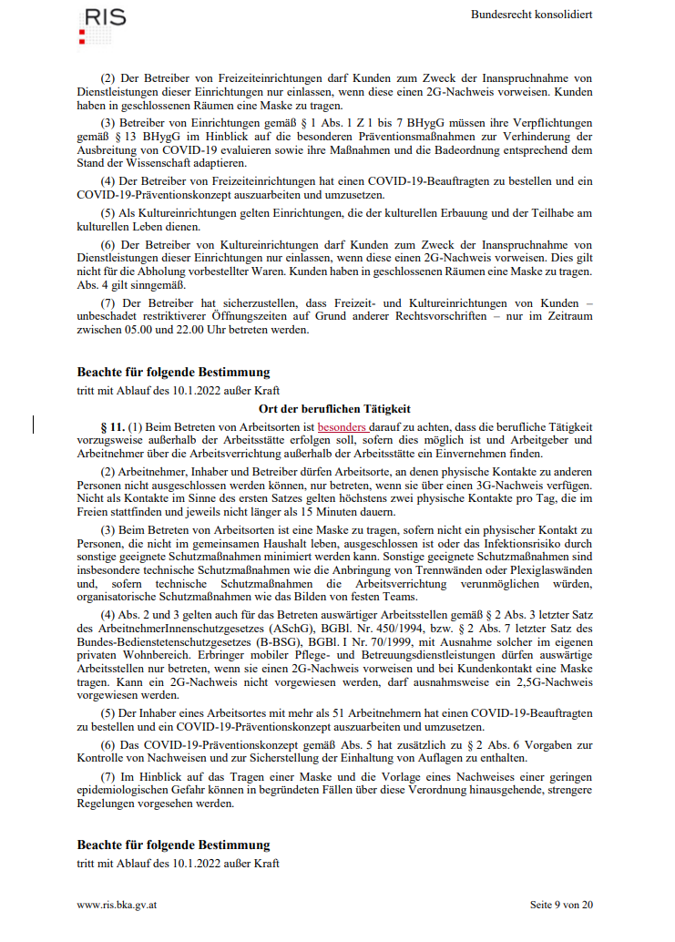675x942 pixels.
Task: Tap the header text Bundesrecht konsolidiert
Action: click(x=532, y=15)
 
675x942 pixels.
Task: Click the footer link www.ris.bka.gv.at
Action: click(x=118, y=905)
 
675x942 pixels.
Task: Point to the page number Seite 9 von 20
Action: click(x=561, y=905)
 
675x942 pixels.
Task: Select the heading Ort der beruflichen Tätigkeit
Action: click(x=335, y=409)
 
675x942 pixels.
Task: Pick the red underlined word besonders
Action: click(x=342, y=426)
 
